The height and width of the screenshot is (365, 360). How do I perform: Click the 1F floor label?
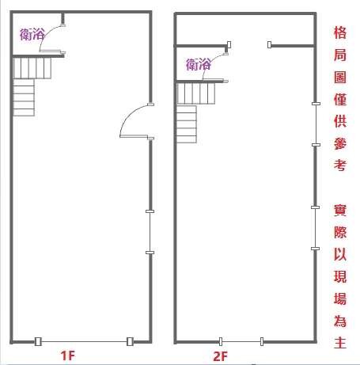pyautogui.click(x=68, y=355)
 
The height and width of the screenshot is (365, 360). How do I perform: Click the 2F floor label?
pyautogui.click(x=220, y=356)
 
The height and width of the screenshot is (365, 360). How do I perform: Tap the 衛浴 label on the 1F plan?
pyautogui.click(x=32, y=34)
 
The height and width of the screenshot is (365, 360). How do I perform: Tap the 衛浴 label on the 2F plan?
pyautogui.click(x=199, y=64)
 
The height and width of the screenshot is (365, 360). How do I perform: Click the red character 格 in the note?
pyautogui.click(x=340, y=32)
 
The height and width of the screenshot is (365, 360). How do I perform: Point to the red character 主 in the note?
pyautogui.click(x=340, y=342)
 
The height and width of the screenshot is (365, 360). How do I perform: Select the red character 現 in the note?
pyautogui.click(x=340, y=276)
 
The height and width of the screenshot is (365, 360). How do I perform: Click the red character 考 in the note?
pyautogui.click(x=340, y=165)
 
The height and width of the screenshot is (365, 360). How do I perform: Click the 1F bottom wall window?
pyautogui.click(x=84, y=341)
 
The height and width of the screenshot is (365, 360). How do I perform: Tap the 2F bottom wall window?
pyautogui.click(x=241, y=341)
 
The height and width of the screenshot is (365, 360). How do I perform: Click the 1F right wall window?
pyautogui.click(x=150, y=232)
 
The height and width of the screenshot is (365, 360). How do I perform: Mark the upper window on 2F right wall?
pyautogui.click(x=316, y=124)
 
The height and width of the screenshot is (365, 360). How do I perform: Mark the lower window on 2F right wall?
pyautogui.click(x=316, y=228)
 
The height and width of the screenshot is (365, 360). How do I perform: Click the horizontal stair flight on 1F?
pyautogui.click(x=32, y=68)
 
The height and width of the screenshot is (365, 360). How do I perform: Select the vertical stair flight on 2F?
pyautogui.click(x=187, y=124)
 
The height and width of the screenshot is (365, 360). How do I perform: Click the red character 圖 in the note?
pyautogui.click(x=340, y=78)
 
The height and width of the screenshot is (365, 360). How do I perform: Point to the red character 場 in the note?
pyautogui.click(x=340, y=298)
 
